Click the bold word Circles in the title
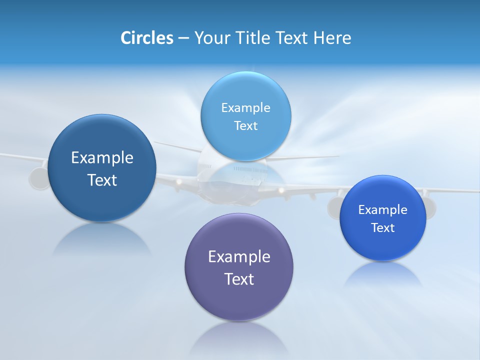pos(147,38)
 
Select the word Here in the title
pos(332,38)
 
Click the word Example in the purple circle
pos(239,257)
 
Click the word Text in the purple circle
pos(239,279)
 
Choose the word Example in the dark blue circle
pos(102,158)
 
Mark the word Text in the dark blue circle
pos(102,180)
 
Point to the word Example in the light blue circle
pos(246,108)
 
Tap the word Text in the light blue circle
pos(246,126)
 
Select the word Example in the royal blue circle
pos(383,210)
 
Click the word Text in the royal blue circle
pos(383,228)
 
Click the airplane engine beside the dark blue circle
pos(38,178)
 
